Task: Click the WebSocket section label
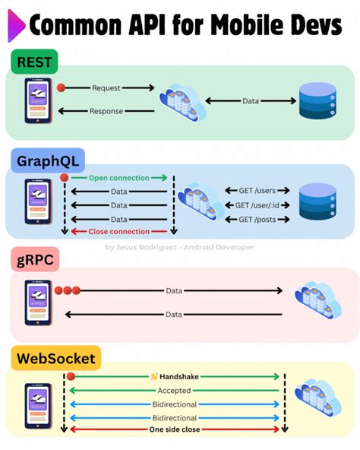[55, 357]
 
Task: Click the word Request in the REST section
[106, 88]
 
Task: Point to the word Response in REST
[106, 112]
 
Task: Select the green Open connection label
[118, 178]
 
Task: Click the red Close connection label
[118, 231]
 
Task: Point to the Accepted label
[174, 391]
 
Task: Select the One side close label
[174, 429]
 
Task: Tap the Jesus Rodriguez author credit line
[179, 247]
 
